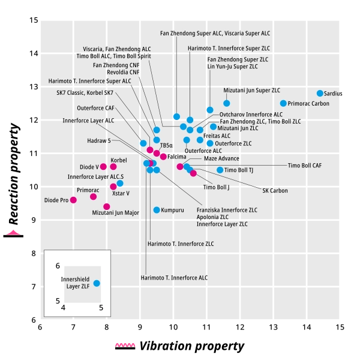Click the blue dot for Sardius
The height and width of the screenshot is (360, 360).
coord(320,93)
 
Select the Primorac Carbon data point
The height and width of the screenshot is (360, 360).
coord(283,103)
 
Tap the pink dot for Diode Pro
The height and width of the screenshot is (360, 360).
coord(73,200)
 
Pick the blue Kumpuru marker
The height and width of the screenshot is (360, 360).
coord(157,210)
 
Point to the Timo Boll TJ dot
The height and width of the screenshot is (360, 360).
coord(220,170)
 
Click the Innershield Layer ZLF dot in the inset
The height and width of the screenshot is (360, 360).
coord(97,283)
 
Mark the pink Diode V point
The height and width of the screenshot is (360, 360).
coord(103,167)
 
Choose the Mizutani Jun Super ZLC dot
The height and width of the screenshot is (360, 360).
coord(227,103)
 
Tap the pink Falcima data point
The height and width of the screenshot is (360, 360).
coord(163,157)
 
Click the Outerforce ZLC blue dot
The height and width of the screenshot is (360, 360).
coord(210,143)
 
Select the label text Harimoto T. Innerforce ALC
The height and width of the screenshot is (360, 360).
coord(174,278)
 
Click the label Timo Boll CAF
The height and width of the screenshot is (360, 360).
coord(305,166)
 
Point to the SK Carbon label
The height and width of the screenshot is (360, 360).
coord(275,191)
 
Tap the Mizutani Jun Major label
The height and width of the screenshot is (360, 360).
coord(115,213)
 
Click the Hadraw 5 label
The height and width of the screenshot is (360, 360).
coord(99,140)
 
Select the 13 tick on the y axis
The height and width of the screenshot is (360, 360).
coord(34,87)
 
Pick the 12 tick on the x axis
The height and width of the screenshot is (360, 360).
coord(240,327)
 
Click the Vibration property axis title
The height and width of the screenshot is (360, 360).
coord(192,346)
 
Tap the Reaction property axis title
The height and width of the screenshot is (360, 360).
coord(14,174)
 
